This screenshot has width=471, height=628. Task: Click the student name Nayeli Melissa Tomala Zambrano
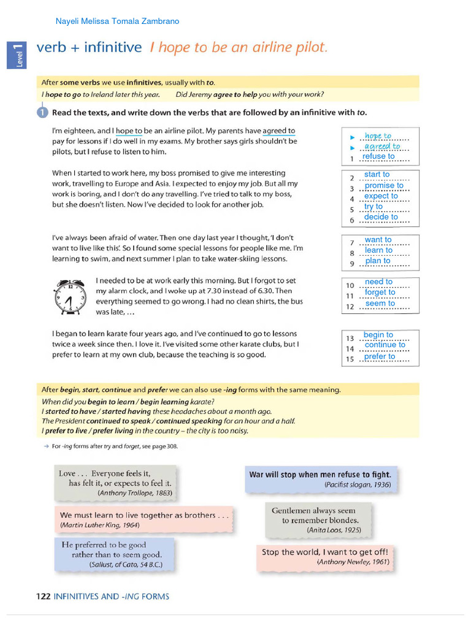pos(117,21)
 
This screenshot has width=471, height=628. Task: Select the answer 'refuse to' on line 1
pos(378,156)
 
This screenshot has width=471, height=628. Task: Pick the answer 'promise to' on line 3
pos(384,185)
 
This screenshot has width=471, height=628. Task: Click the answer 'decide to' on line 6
pos(381,217)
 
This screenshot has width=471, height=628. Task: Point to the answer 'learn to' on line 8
pos(378,250)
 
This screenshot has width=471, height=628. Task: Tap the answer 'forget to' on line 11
pos(380,293)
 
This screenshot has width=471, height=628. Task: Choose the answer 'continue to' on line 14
pos(385,345)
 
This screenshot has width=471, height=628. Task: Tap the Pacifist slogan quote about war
pos(320,475)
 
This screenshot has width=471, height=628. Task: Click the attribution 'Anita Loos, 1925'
pos(334,530)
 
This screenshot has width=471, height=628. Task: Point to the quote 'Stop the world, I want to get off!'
pos(324,552)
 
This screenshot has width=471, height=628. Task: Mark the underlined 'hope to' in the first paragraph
pos(129,131)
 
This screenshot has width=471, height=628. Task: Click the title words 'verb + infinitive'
pos(90,47)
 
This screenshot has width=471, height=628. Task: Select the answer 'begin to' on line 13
pos(378,335)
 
